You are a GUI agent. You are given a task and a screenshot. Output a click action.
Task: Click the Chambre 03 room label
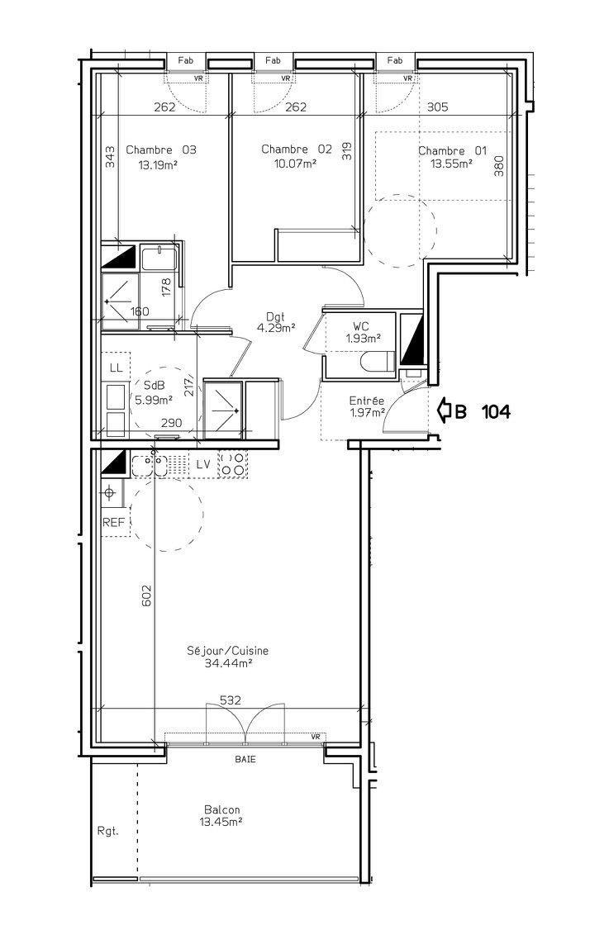161,150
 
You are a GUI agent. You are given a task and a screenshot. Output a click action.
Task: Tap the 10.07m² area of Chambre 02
296,163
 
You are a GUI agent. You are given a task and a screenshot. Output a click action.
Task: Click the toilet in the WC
377,363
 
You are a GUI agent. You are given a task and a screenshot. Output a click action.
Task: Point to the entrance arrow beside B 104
444,412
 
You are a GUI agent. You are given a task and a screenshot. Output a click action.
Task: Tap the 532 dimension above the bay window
231,700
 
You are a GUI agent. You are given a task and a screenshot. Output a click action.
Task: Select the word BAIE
245,759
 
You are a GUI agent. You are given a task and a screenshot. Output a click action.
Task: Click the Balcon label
221,809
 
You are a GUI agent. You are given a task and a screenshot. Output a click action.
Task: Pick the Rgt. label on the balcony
107,831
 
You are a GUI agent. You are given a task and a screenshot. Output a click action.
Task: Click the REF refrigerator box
113,522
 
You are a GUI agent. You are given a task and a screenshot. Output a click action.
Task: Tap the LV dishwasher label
203,465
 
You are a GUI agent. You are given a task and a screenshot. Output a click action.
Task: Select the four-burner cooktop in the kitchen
233,464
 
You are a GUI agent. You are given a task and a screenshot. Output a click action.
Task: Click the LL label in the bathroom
117,368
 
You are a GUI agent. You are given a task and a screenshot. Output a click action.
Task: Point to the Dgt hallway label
275,316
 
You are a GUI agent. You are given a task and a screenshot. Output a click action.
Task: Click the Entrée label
367,401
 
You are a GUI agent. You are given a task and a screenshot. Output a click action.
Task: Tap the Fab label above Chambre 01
395,60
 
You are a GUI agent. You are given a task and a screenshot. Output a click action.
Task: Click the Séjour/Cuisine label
227,652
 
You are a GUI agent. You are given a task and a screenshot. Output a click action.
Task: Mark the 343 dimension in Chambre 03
110,159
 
